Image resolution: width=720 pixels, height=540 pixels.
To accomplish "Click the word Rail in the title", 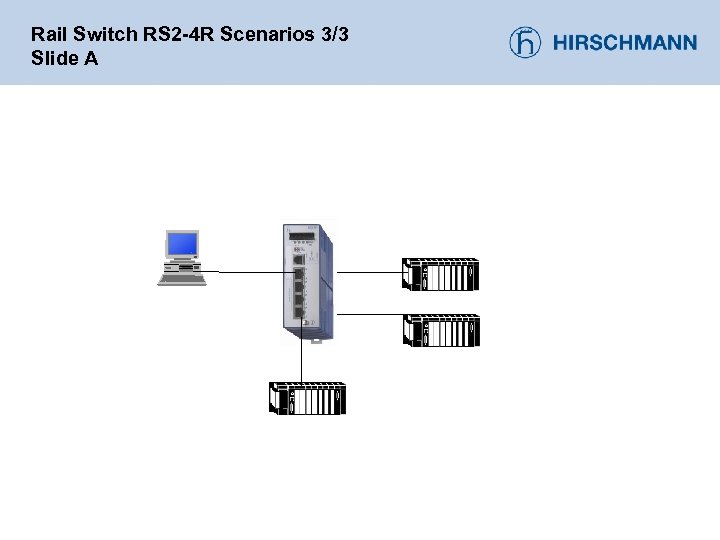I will pyautogui.click(x=46, y=34).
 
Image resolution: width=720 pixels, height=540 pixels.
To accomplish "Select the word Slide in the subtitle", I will pyautogui.click(x=51, y=58).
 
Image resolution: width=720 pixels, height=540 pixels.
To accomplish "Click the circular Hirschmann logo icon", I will pyautogui.click(x=525, y=42).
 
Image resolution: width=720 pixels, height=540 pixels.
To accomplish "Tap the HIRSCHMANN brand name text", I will pyautogui.click(x=625, y=43).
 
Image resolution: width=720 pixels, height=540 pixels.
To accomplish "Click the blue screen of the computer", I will pyautogui.click(x=182, y=243).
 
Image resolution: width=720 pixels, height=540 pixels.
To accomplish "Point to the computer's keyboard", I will pyautogui.click(x=182, y=279).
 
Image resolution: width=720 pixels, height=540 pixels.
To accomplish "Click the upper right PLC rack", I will pyautogui.click(x=440, y=274).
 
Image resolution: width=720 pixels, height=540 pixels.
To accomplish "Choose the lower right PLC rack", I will pyautogui.click(x=440, y=330).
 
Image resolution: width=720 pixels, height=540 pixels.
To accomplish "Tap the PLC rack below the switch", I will pyautogui.click(x=307, y=398).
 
